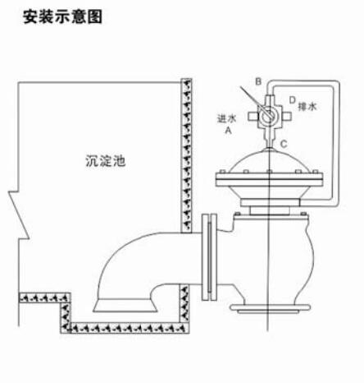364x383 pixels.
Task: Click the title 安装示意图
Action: coord(62,16)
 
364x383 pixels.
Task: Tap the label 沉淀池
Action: coord(106,161)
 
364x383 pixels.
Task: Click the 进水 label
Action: coord(226,118)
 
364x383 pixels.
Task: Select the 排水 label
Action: coord(307,106)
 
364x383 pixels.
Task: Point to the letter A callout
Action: coord(228,130)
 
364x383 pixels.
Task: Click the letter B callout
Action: coord(258,81)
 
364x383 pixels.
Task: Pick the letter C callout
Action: coord(284,144)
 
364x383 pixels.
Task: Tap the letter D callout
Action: coord(293,100)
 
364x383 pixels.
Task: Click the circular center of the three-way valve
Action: coord(268,117)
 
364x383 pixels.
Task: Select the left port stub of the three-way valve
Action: coord(253,117)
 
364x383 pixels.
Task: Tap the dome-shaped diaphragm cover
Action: coord(269,161)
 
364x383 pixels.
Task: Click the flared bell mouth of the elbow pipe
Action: coord(125,305)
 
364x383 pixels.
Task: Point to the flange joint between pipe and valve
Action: coord(209,257)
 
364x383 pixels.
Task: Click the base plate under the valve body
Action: coord(270,308)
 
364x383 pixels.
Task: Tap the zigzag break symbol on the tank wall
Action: coord(19,215)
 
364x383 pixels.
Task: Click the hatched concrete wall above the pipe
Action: coord(187,155)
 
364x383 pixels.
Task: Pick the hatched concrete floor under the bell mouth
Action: coord(130,328)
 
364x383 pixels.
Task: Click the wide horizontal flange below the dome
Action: coord(269,180)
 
